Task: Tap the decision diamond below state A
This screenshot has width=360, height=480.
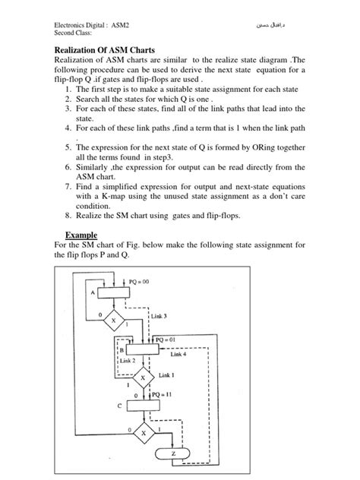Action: click(x=115, y=320)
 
